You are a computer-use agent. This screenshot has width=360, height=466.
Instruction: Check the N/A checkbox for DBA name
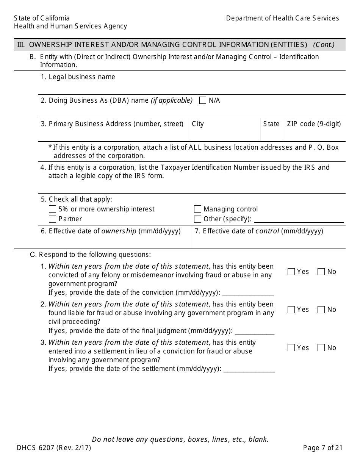click(x=203, y=100)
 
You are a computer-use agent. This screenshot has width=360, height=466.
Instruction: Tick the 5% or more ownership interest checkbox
click(x=53, y=209)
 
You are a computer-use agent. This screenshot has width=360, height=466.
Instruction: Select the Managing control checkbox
click(x=197, y=209)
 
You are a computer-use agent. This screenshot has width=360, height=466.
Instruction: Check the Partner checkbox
click(x=53, y=219)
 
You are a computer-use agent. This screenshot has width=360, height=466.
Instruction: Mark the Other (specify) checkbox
click(x=197, y=219)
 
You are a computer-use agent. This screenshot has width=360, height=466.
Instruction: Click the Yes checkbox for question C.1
click(x=291, y=272)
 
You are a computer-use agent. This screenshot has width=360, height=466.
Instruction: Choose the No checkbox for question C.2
click(x=321, y=310)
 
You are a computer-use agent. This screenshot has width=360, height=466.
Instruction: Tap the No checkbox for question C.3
click(x=321, y=348)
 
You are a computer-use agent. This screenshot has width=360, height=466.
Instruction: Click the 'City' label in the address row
click(x=198, y=124)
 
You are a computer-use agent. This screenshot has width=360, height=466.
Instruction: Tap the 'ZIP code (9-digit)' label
click(x=314, y=124)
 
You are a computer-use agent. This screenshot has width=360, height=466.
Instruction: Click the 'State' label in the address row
click(x=271, y=124)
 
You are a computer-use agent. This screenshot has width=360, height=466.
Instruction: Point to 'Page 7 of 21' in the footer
click(x=323, y=448)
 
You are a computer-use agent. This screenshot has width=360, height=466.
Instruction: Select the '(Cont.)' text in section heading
click(x=324, y=45)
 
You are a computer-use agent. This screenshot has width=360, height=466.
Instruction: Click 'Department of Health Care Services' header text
click(x=282, y=18)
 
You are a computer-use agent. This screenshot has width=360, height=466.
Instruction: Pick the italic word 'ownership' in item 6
click(x=119, y=231)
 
